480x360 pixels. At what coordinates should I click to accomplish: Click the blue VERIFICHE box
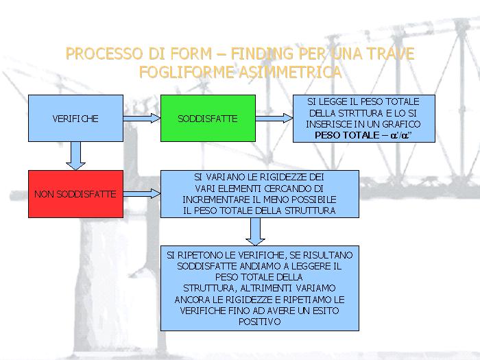(x=75, y=119)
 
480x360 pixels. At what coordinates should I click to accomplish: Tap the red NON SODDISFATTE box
(x=75, y=194)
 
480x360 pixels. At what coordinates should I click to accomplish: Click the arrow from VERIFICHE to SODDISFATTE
(x=141, y=119)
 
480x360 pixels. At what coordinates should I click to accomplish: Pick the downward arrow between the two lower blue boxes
(x=255, y=231)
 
